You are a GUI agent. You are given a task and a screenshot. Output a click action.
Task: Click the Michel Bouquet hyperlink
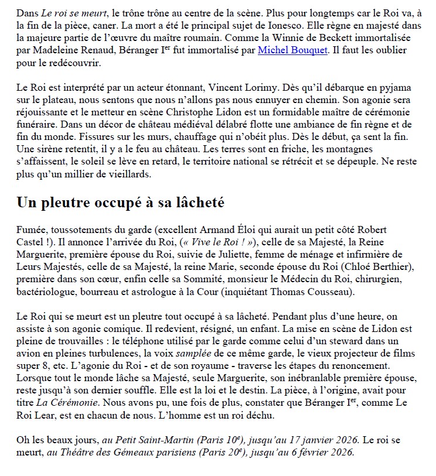(x=291, y=50)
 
